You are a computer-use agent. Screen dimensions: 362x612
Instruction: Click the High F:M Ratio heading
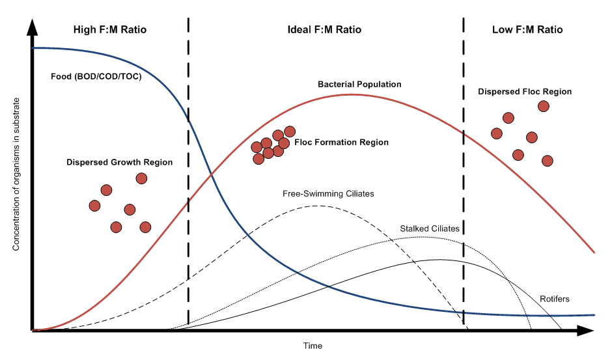click(109, 30)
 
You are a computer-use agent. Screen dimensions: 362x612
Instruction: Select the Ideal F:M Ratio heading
click(324, 30)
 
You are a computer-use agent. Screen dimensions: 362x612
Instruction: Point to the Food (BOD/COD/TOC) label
click(96, 76)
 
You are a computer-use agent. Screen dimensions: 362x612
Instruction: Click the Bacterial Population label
click(359, 85)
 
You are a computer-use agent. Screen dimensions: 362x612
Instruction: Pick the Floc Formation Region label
click(341, 143)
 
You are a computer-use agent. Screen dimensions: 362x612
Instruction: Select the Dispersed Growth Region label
click(119, 162)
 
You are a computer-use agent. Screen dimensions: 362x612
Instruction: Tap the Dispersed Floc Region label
click(525, 92)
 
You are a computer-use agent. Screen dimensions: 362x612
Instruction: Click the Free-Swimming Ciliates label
click(328, 193)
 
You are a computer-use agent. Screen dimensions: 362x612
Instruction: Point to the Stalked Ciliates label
click(429, 229)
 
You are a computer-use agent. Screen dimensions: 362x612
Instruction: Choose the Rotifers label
click(555, 299)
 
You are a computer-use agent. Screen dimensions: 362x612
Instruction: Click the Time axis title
click(313, 346)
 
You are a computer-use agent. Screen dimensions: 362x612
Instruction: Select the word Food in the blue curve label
click(61, 76)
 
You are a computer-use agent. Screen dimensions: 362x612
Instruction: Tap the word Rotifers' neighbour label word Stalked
click(414, 229)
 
